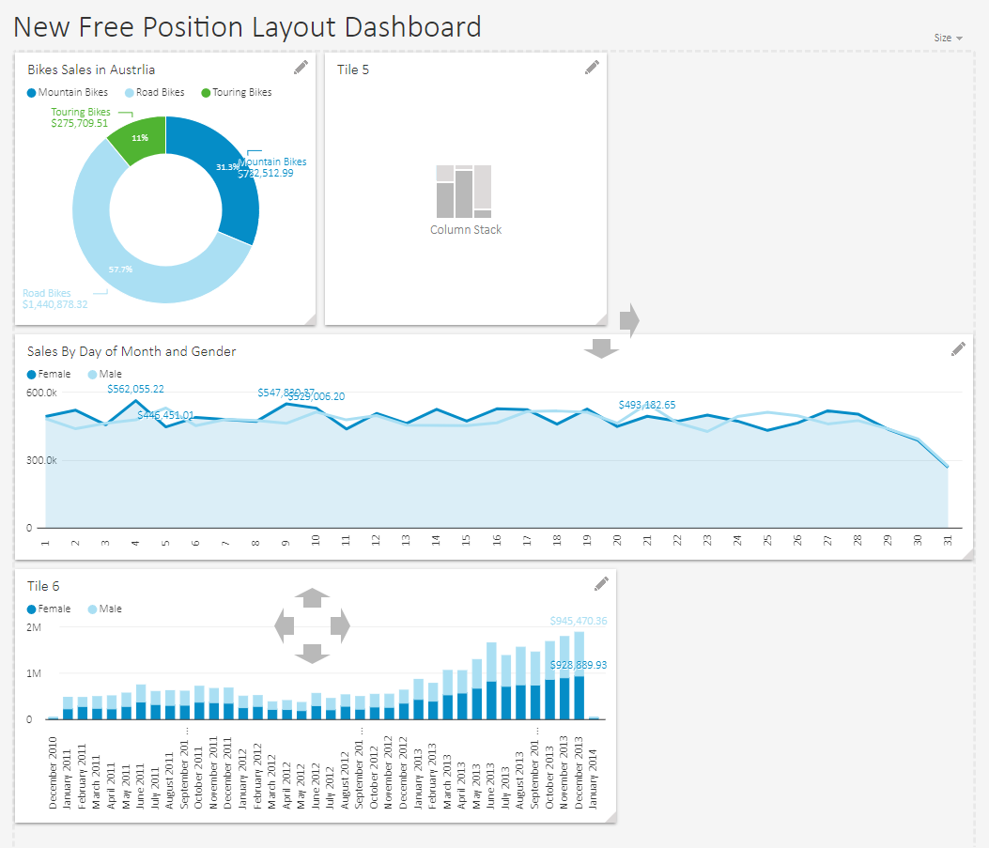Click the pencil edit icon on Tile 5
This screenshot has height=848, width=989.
pyautogui.click(x=592, y=68)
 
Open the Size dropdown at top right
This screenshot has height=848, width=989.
pyautogui.click(x=948, y=38)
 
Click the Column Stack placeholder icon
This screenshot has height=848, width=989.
pyautogui.click(x=465, y=192)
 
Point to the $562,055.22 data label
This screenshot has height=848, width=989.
pyautogui.click(x=135, y=389)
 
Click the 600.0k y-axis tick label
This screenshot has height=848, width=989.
pyautogui.click(x=41, y=393)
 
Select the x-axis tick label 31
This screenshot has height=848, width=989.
pyautogui.click(x=948, y=542)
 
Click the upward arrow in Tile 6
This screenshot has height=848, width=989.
pyautogui.click(x=312, y=596)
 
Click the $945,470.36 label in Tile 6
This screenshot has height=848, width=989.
pyautogui.click(x=578, y=621)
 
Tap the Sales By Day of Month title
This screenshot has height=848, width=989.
pyautogui.click(x=131, y=351)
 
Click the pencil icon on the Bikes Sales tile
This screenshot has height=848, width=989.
pyautogui.click(x=301, y=68)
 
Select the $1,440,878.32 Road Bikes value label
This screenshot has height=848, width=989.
pyautogui.click(x=55, y=304)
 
